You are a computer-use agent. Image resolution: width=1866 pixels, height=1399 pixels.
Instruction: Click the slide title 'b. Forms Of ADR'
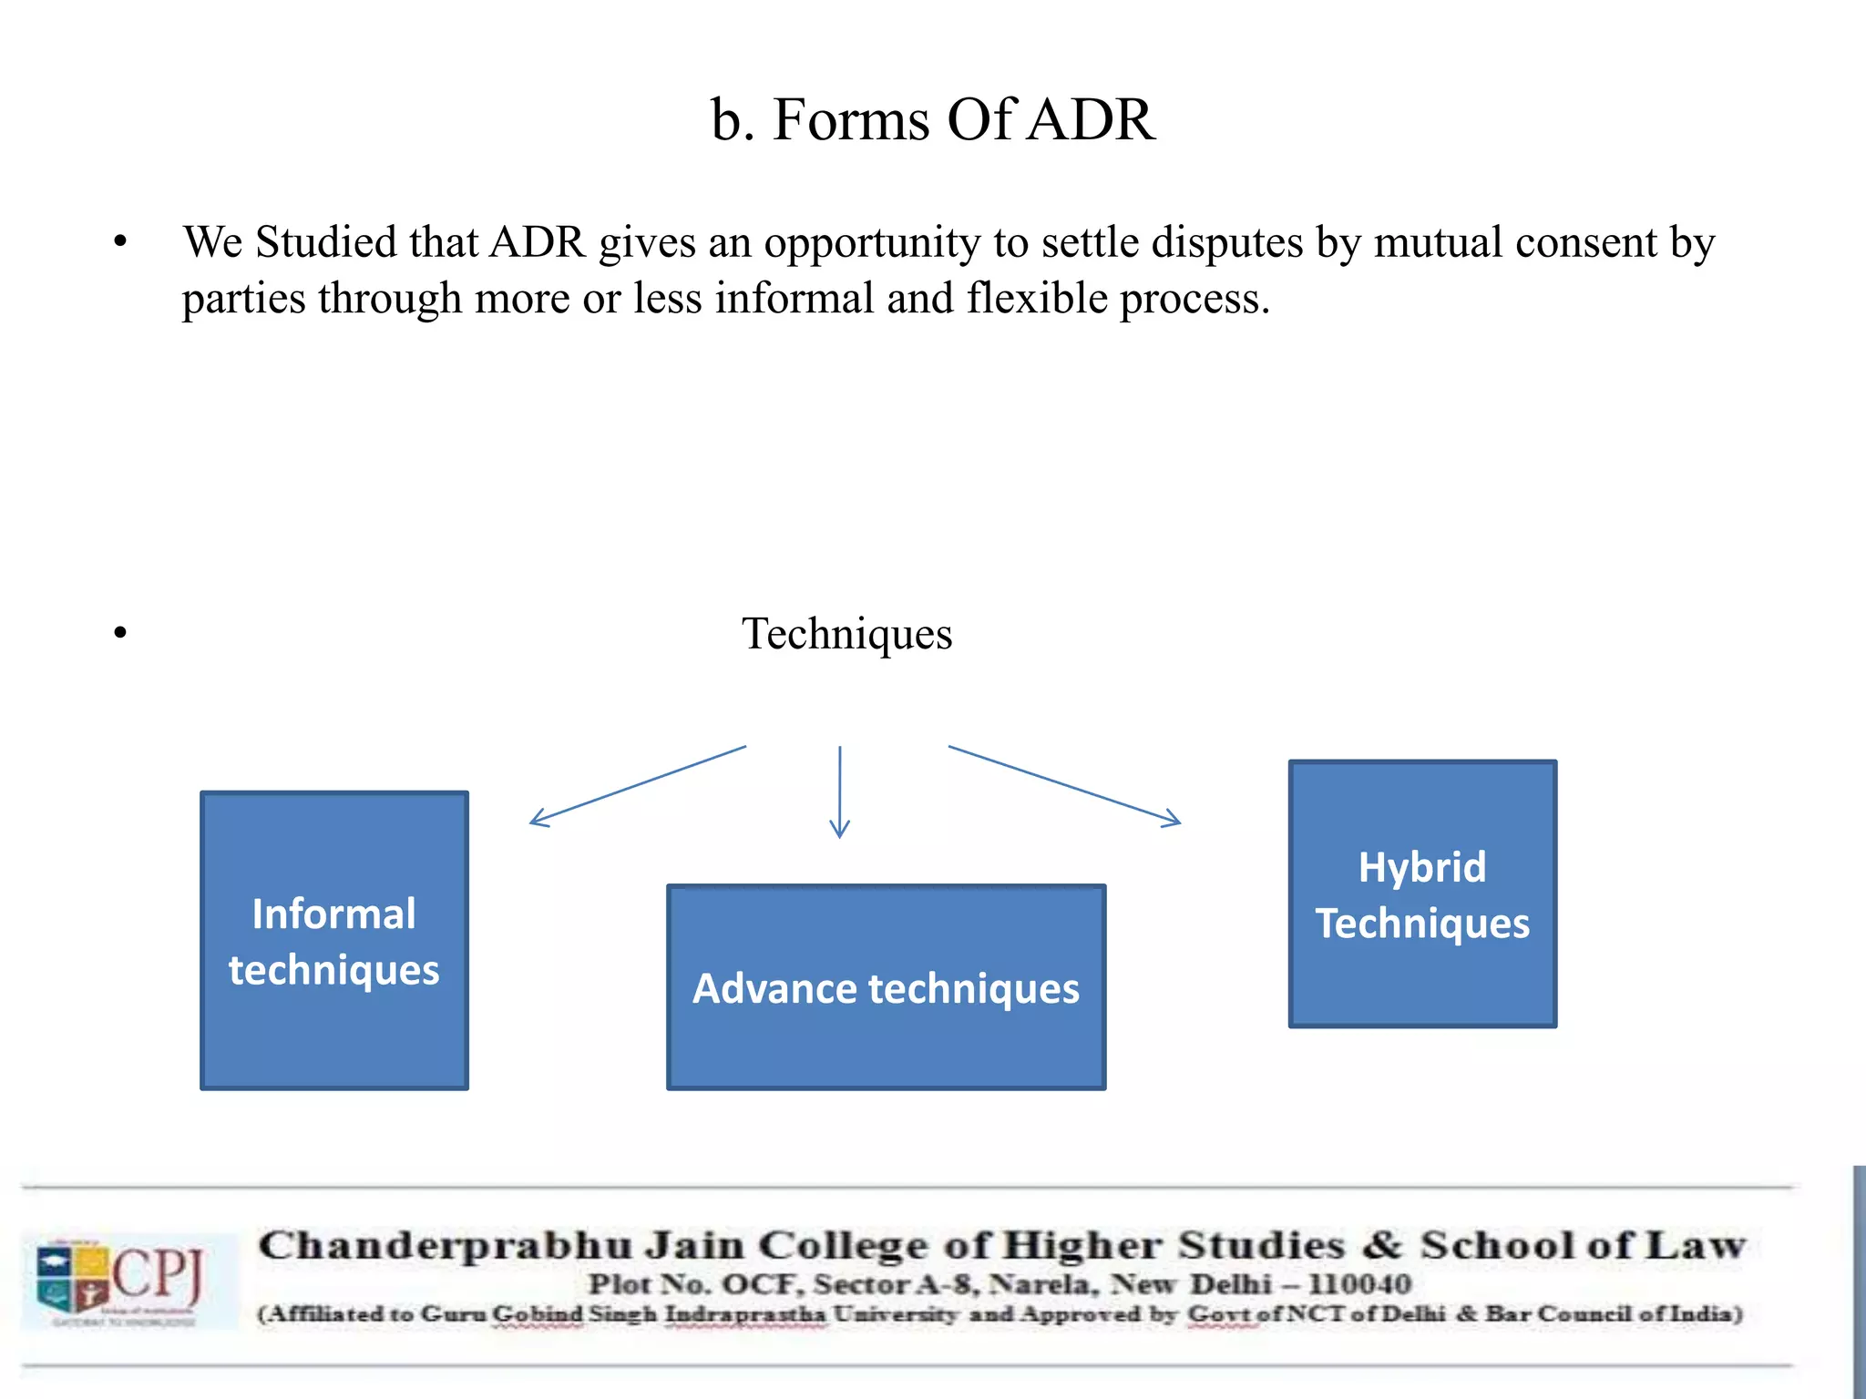pyautogui.click(x=933, y=119)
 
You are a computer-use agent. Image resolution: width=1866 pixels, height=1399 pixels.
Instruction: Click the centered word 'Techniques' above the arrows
pyautogui.click(x=846, y=634)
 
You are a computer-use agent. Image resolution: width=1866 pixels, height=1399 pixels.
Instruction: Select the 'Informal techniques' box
pyautogui.click(x=334, y=940)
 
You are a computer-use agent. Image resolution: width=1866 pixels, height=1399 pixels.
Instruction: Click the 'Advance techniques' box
pyautogui.click(x=886, y=987)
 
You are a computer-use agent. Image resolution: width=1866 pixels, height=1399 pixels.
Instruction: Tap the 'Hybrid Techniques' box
pyautogui.click(x=1422, y=894)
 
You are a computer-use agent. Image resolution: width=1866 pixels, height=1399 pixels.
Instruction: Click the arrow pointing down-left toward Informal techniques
pyautogui.click(x=638, y=786)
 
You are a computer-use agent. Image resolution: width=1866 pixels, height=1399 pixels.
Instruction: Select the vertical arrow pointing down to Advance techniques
pyautogui.click(x=839, y=791)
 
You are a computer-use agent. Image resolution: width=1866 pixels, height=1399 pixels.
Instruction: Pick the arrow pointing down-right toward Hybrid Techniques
pyautogui.click(x=1064, y=785)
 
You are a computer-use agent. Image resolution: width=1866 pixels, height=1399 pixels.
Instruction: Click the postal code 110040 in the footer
pyautogui.click(x=1359, y=1284)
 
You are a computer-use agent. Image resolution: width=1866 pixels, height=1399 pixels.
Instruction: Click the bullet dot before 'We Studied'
pyautogui.click(x=120, y=243)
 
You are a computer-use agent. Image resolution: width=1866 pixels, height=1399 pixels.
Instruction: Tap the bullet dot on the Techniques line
pyautogui.click(x=120, y=633)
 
